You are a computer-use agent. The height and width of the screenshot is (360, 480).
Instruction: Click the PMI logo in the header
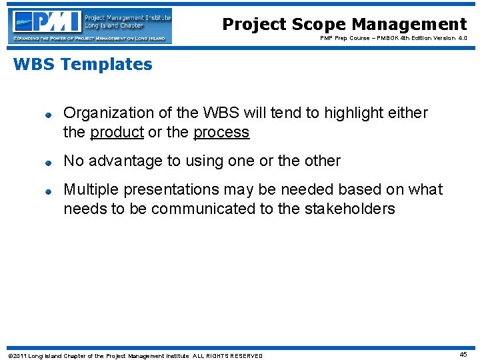point(91,26)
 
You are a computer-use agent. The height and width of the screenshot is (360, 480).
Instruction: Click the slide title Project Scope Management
point(344,25)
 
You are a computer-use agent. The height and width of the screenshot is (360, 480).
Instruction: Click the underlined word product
point(117,132)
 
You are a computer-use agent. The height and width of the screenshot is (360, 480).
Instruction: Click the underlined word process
point(221,132)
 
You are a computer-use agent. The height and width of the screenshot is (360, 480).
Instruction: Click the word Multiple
point(87,189)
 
